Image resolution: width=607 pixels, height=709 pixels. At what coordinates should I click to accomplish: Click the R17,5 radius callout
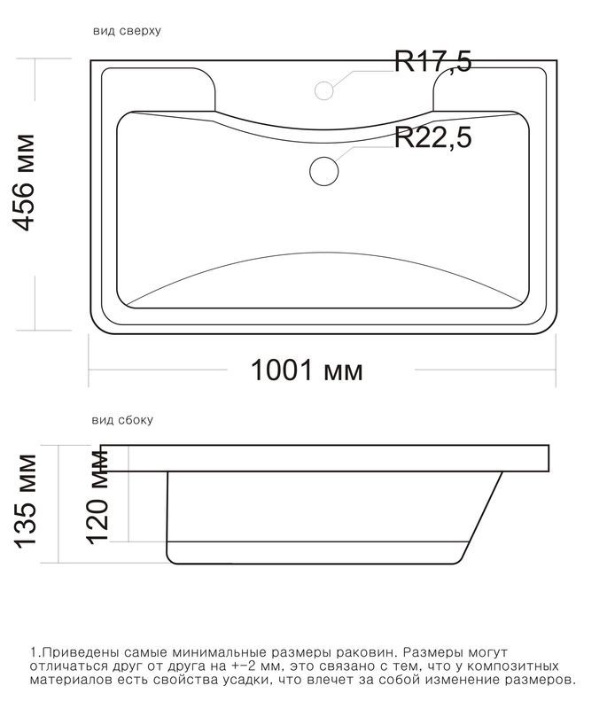point(433,61)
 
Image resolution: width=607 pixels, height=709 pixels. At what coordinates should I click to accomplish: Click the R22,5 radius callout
point(433,137)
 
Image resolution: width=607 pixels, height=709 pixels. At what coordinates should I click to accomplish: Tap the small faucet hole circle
point(324,90)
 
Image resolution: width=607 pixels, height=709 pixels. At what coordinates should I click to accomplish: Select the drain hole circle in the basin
point(324,171)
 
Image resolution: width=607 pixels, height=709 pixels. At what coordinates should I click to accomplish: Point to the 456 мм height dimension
point(24,183)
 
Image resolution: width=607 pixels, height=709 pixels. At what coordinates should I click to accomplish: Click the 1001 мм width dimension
point(307,370)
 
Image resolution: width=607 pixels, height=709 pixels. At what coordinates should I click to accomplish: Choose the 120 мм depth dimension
point(97,497)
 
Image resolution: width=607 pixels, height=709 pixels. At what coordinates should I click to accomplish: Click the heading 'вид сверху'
point(127,31)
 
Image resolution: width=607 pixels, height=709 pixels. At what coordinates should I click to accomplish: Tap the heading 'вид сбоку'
point(122,420)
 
